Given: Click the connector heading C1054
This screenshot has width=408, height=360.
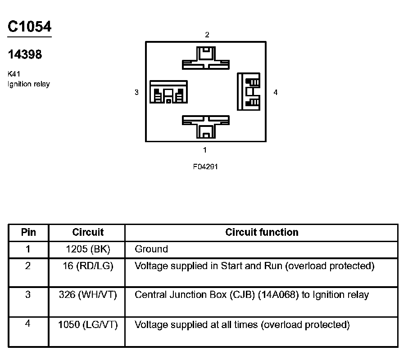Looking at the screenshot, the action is tap(29, 27).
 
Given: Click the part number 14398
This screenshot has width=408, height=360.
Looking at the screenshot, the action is tap(25, 54).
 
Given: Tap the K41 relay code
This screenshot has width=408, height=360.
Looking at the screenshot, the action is tap(14, 74).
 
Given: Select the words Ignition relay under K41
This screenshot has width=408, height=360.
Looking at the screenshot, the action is tap(29, 84).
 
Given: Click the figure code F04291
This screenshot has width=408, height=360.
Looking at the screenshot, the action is tap(205, 166).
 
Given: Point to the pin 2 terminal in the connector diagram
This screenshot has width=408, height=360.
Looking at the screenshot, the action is tap(205, 58).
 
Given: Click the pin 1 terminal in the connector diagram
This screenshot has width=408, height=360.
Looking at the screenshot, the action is tap(205, 127).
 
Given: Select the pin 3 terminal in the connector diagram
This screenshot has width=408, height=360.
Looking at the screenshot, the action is tap(168, 92).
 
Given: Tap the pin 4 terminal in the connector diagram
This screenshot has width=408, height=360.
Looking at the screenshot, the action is tap(249, 91).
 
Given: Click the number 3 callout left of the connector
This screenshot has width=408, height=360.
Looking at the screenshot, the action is tap(136, 92).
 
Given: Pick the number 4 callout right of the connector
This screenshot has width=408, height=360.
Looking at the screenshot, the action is tap(276, 92).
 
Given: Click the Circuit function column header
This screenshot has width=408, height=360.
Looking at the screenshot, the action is tap(262, 232).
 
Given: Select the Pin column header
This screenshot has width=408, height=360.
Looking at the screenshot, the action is tap(28, 232).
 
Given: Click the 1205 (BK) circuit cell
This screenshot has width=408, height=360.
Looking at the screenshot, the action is tap(88, 249).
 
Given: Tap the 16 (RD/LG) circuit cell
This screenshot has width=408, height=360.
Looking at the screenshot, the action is tap(88, 266).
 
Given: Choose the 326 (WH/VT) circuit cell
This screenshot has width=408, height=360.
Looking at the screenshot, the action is tap(88, 295).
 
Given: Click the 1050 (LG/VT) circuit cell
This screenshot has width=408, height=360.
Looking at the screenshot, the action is tap(88, 324).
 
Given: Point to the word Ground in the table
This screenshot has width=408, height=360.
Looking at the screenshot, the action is tap(151, 249).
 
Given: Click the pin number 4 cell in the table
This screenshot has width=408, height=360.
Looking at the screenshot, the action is tap(28, 324).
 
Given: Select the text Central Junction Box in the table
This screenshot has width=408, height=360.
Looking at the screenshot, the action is tap(181, 295).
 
